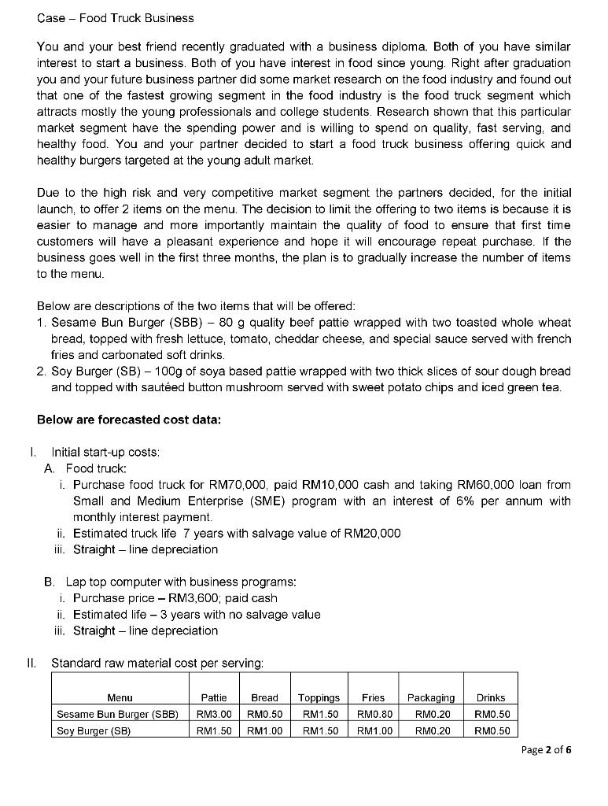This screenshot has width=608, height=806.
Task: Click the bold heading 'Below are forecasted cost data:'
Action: (x=129, y=420)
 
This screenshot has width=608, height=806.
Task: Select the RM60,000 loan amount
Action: (x=464, y=485)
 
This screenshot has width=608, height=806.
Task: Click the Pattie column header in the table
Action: (x=214, y=697)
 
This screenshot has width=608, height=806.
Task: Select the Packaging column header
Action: (x=430, y=697)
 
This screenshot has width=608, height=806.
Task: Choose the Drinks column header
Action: (x=491, y=697)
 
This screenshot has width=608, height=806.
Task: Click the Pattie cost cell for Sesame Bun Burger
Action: (x=214, y=715)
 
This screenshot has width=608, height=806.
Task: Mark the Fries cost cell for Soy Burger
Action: (x=373, y=730)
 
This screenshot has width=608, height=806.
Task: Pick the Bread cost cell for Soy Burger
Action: (x=264, y=730)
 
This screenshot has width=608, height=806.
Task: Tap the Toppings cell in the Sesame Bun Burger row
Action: (x=319, y=715)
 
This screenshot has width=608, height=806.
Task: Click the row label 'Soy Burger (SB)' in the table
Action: (x=93, y=730)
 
